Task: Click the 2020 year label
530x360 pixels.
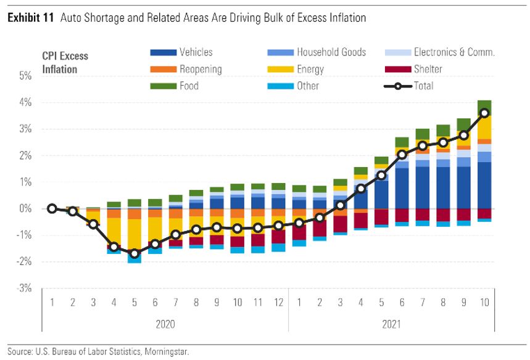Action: [x=165, y=325]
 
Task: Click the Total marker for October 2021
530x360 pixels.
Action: [x=484, y=113]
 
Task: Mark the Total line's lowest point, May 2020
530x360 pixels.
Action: [x=134, y=253]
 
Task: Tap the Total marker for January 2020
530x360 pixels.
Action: [x=52, y=209]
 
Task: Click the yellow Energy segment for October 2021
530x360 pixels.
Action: [x=484, y=126]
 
